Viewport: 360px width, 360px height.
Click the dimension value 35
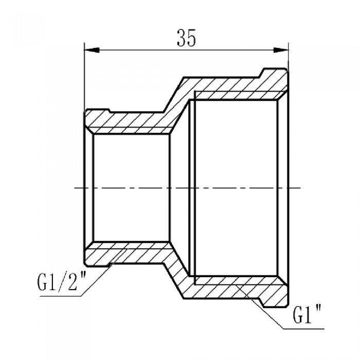click(x=186, y=39)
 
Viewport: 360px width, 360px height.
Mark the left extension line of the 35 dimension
click(x=84, y=77)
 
